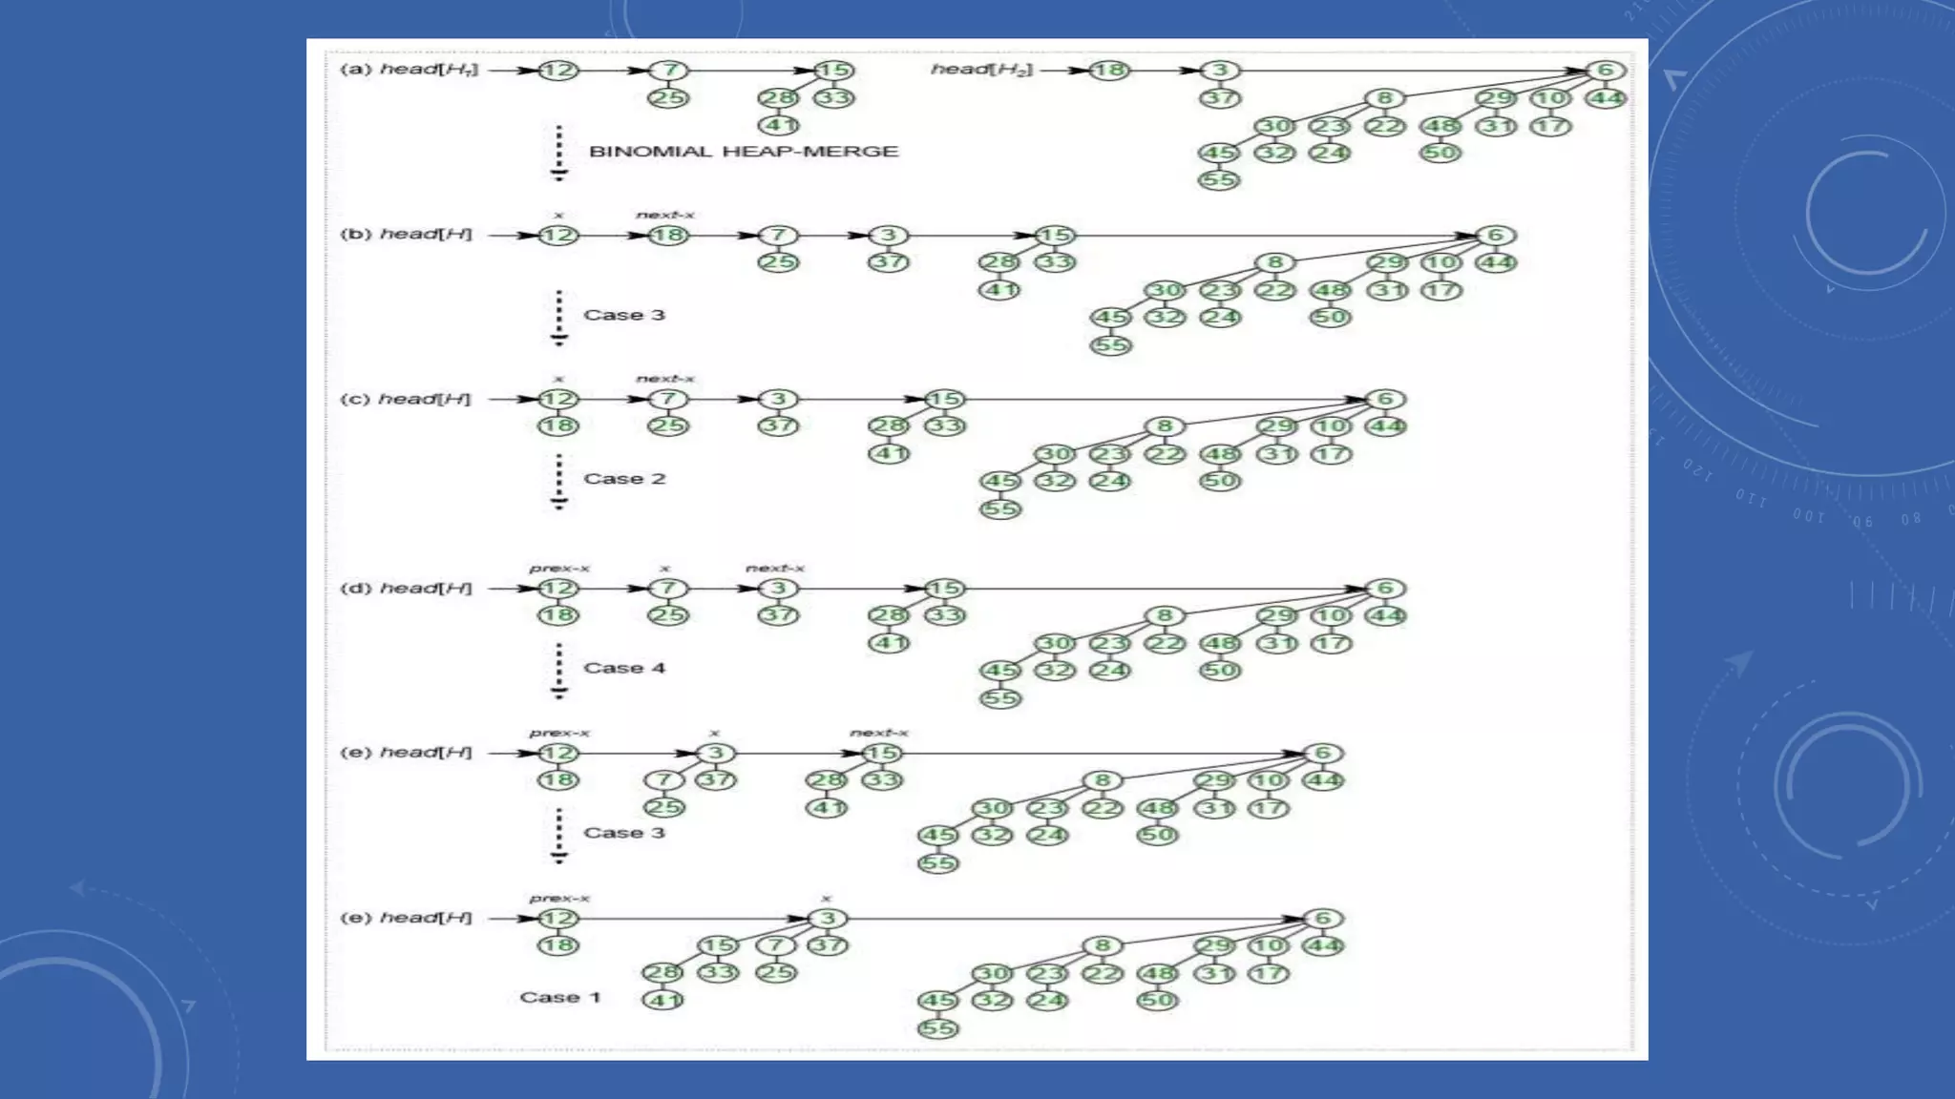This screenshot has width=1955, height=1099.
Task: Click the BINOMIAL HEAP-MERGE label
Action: (x=744, y=152)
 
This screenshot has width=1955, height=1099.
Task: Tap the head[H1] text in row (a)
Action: (x=429, y=70)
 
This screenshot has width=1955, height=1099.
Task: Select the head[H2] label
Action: (x=981, y=70)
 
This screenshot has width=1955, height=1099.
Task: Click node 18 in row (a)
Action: (x=1109, y=71)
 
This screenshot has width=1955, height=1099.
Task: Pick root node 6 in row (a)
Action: (x=1605, y=71)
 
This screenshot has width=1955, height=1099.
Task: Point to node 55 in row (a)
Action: (x=1219, y=180)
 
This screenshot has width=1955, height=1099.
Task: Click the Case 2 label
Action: (x=624, y=479)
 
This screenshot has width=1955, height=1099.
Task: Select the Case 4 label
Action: (x=624, y=668)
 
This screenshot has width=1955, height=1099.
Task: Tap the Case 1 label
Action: (x=560, y=997)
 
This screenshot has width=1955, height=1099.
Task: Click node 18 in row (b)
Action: (x=668, y=236)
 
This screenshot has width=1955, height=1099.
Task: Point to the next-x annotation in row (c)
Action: (x=665, y=379)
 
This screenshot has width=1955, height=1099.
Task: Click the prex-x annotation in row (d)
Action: (x=559, y=569)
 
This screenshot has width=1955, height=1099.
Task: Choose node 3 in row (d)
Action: (x=778, y=589)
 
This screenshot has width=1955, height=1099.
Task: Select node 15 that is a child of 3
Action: (x=717, y=945)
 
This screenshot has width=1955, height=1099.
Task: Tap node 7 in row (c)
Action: (x=668, y=400)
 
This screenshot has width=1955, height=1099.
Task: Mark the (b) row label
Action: (x=354, y=235)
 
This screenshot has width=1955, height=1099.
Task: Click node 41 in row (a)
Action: (x=778, y=125)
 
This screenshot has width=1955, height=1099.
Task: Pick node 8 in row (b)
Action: (x=1275, y=262)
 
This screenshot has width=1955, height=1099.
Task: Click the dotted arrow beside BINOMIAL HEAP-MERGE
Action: (x=559, y=153)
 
